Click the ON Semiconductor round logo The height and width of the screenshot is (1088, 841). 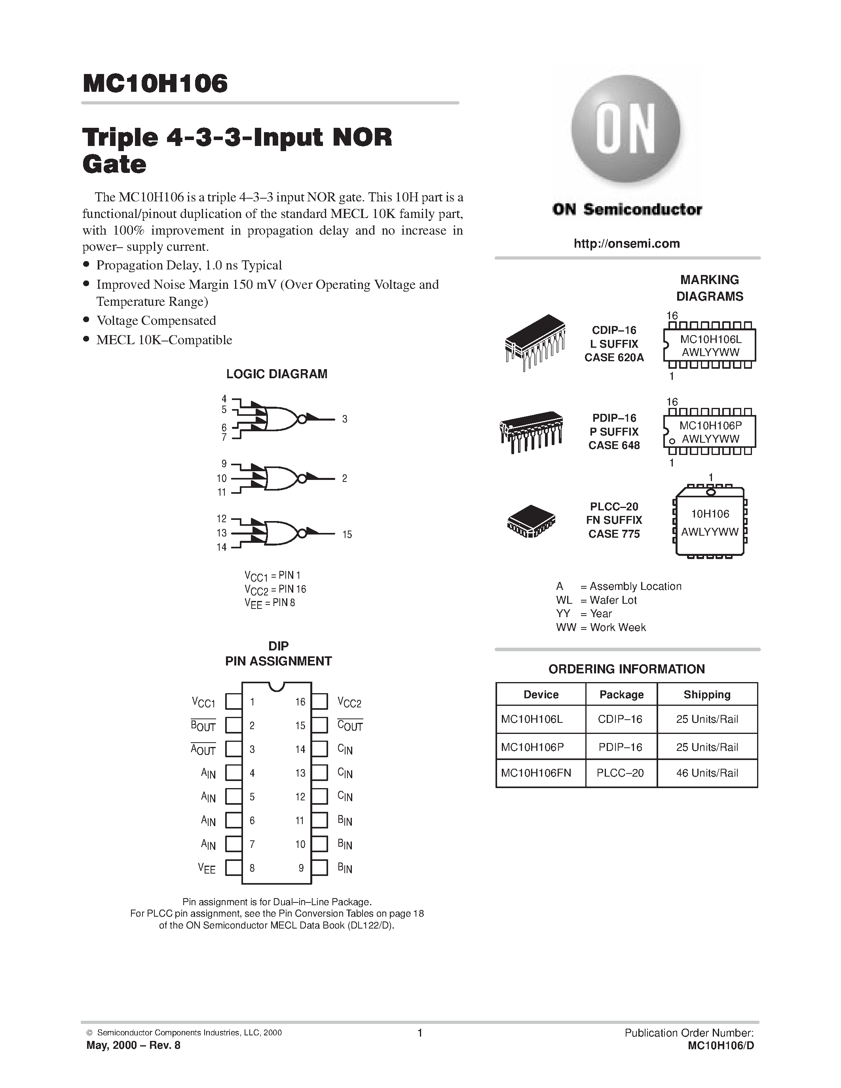tap(626, 131)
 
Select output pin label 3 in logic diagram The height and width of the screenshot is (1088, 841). tap(344, 419)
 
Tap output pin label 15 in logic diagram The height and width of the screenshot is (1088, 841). tap(347, 535)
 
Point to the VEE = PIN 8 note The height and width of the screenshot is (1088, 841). tap(270, 603)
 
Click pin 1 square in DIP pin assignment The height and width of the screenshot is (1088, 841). tap(233, 701)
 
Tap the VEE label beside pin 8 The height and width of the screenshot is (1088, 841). tap(207, 868)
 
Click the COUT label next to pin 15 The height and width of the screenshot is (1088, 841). tap(350, 726)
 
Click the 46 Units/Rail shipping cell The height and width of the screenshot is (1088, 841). tap(706, 773)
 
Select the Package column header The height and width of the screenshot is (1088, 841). tap(621, 694)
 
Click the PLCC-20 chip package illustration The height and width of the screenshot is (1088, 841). tap(531, 521)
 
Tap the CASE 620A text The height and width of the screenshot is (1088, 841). tap(614, 358)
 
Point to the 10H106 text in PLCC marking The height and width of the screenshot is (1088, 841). tap(710, 514)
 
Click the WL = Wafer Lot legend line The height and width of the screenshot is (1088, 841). tap(596, 600)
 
